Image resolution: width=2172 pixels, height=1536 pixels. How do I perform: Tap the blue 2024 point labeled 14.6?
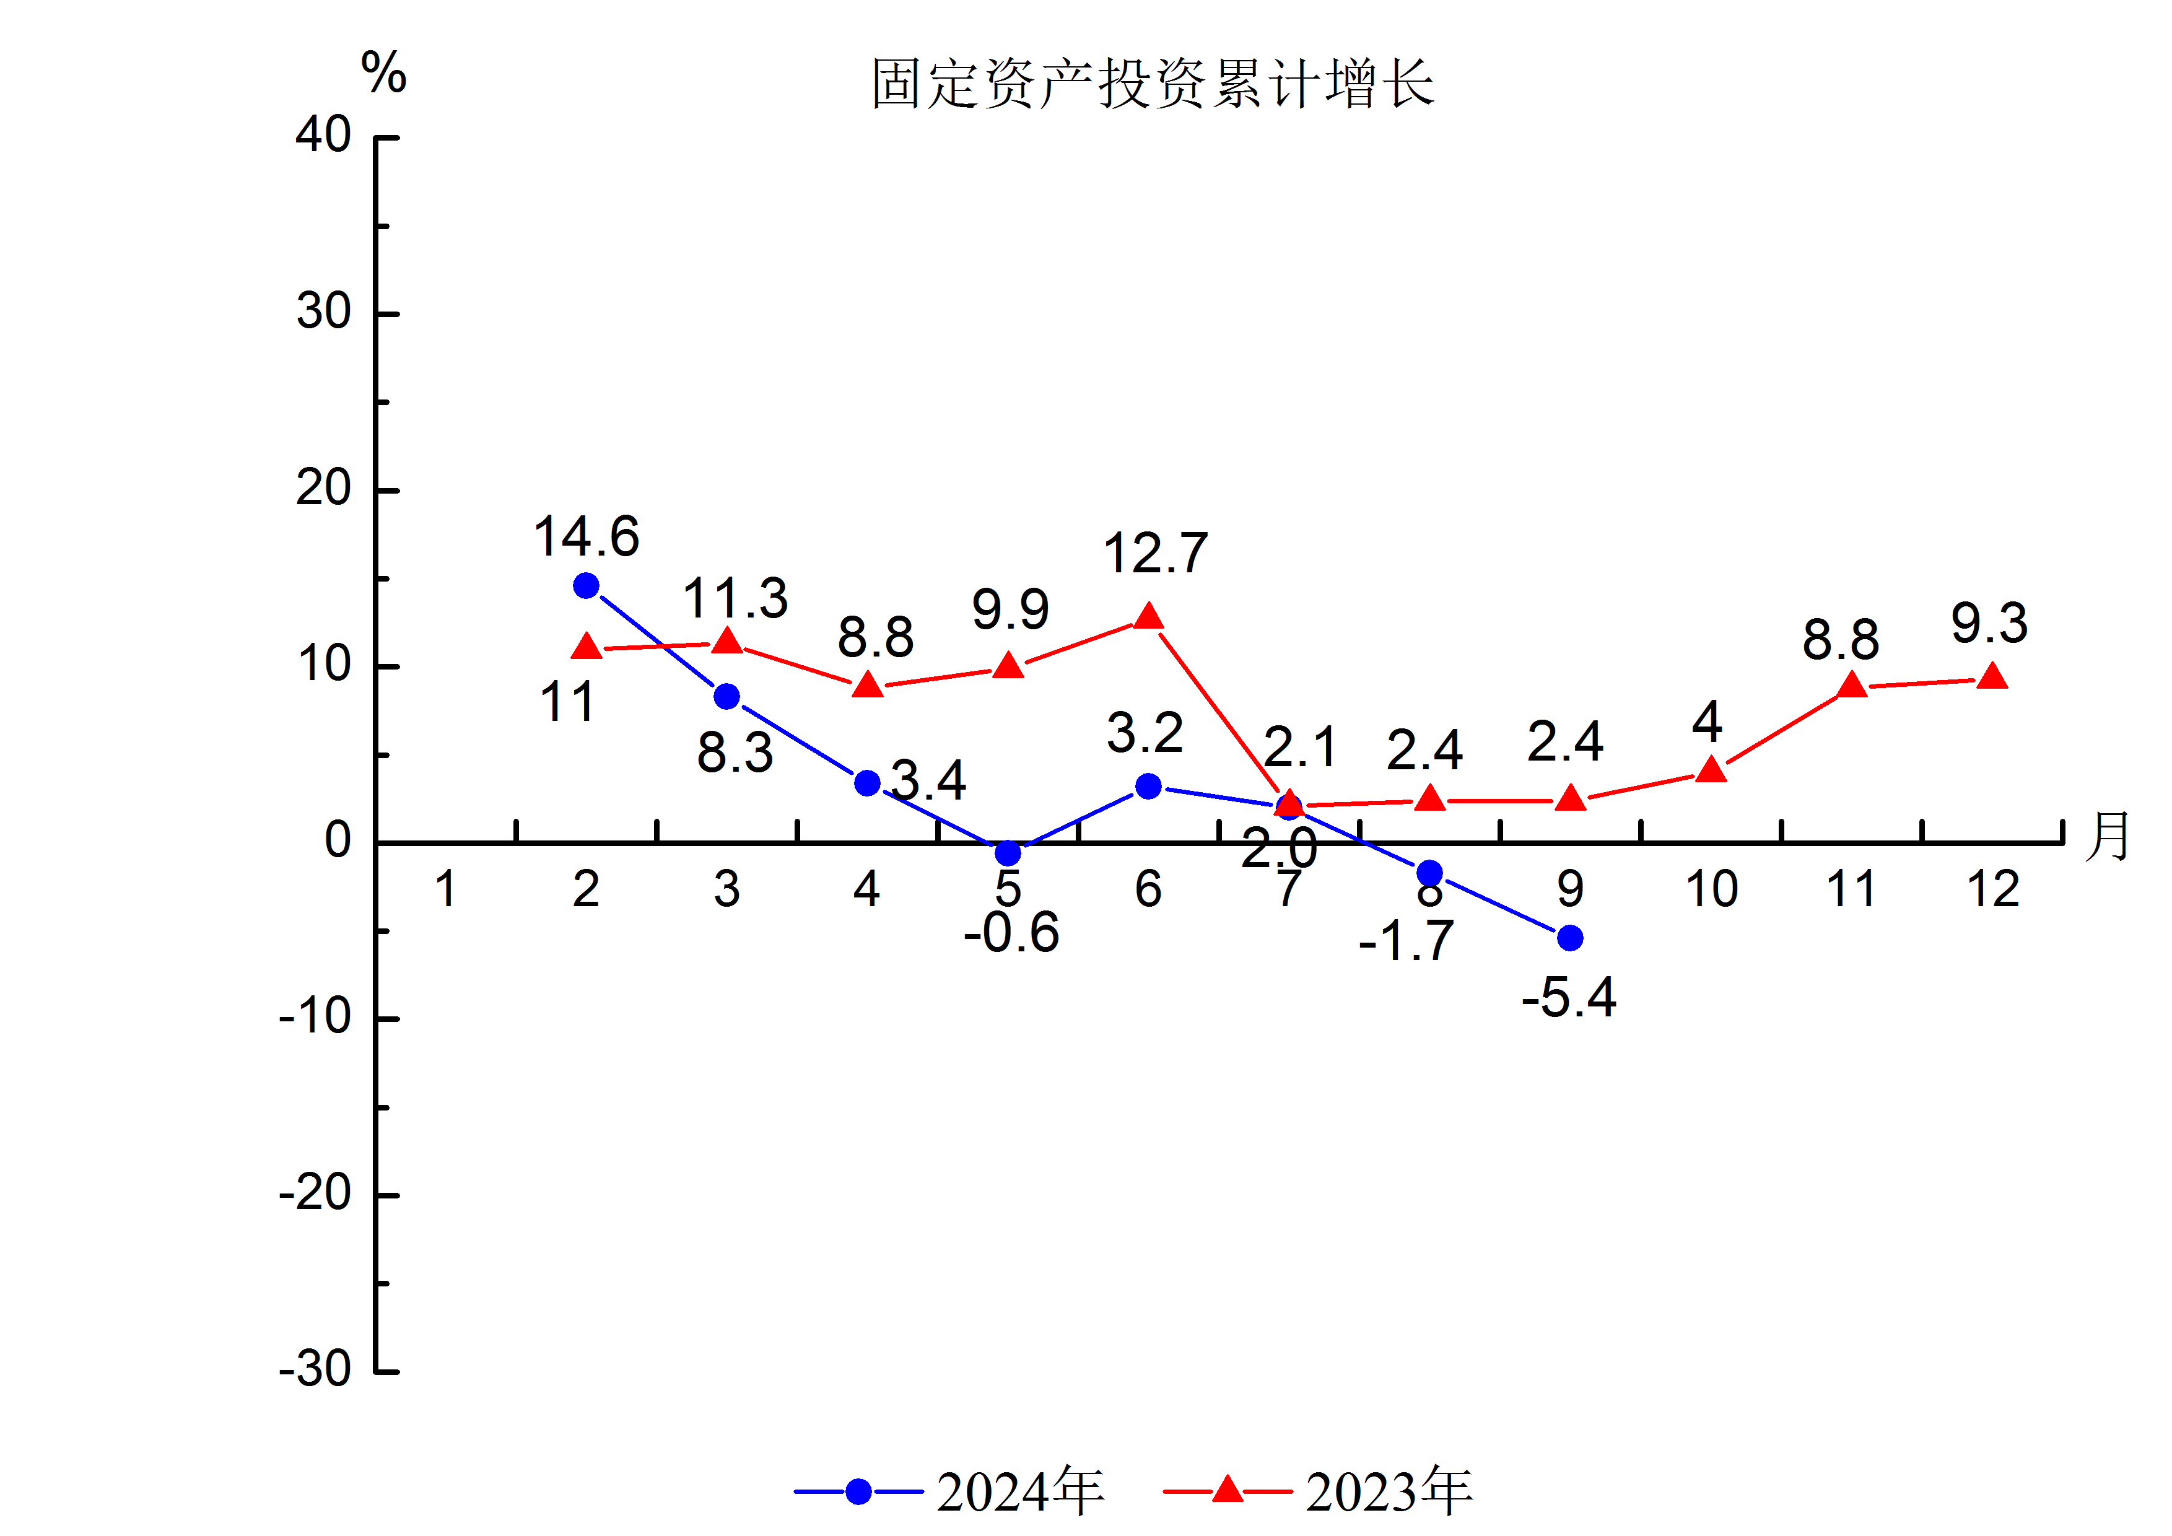pos(587,587)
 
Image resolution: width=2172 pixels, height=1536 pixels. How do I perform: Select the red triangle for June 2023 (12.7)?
pos(1148,617)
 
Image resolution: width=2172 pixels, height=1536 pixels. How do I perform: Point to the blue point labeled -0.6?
pos(1008,853)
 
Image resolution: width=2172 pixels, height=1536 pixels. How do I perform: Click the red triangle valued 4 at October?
pos(1711,770)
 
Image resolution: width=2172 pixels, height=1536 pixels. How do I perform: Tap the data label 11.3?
pos(735,599)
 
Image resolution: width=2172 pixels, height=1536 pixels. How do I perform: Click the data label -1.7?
pos(1406,941)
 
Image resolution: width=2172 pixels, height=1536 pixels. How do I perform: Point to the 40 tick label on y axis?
pos(323,135)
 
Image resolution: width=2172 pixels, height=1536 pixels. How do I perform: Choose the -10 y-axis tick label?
pos(315,1018)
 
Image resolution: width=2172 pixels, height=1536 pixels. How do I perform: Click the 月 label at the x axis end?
pos(2108,836)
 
